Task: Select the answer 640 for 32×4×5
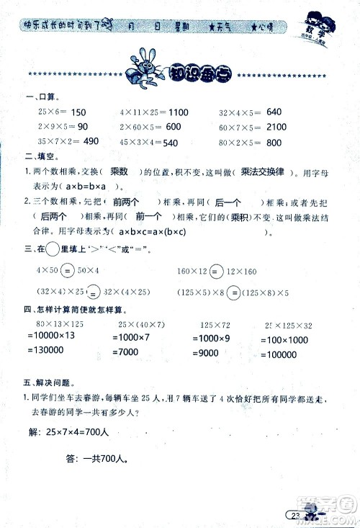[x=274, y=112]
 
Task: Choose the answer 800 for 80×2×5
[x=274, y=143]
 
